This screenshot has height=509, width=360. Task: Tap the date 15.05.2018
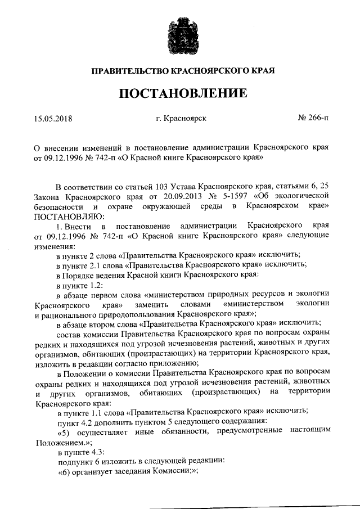pyautogui.click(x=53, y=119)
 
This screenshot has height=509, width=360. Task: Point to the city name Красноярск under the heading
pyautogui.click(x=185, y=119)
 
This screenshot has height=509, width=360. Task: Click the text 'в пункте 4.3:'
pyautogui.click(x=79, y=451)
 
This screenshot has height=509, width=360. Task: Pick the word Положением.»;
pyautogui.click(x=61, y=442)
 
